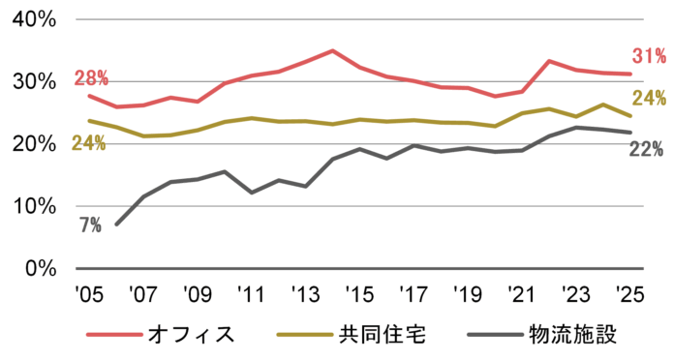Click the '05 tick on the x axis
pyautogui.click(x=88, y=291)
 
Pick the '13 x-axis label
pyautogui.click(x=305, y=291)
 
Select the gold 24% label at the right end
pyautogui.click(x=648, y=98)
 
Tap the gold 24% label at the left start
pyautogui.click(x=88, y=144)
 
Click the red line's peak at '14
pyautogui.click(x=332, y=50)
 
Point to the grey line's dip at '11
pyautogui.click(x=252, y=193)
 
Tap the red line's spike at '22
pyautogui.click(x=549, y=61)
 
